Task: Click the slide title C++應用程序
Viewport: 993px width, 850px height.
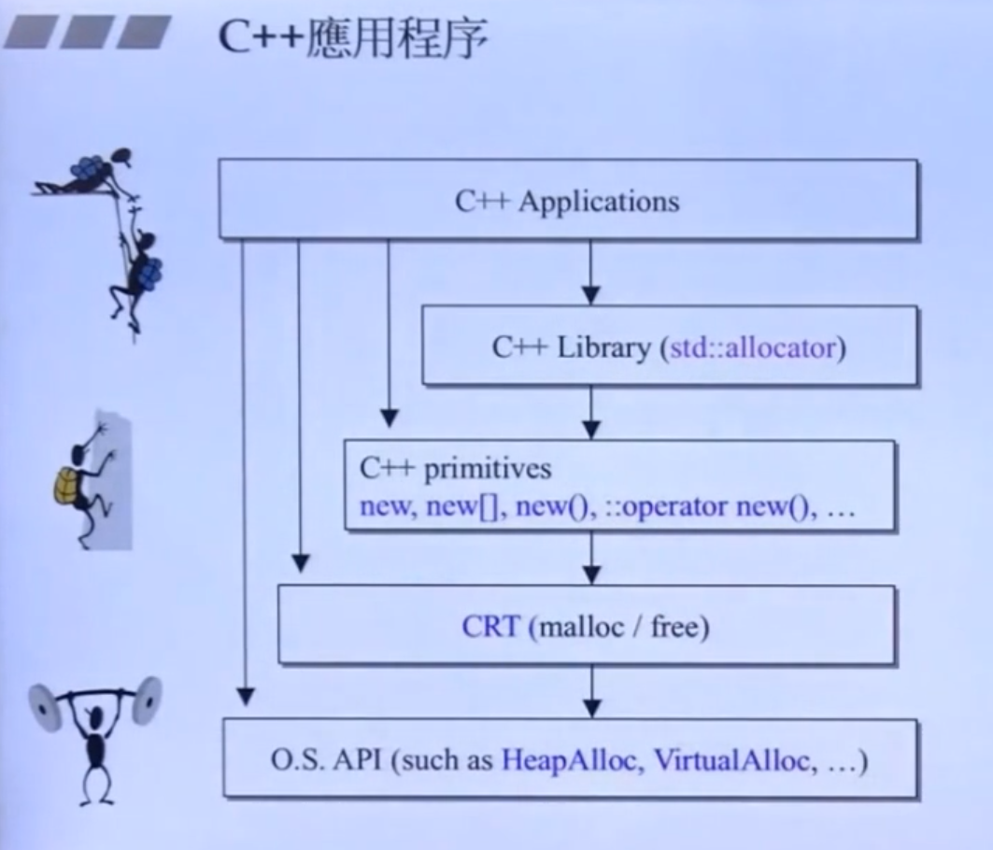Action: coord(352,40)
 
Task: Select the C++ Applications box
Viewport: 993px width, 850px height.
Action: coord(567,200)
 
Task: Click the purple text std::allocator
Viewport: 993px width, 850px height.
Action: coord(752,348)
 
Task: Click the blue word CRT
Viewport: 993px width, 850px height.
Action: coord(490,626)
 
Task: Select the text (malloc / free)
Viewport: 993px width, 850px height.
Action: coord(619,626)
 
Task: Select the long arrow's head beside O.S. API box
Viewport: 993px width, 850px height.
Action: coord(245,696)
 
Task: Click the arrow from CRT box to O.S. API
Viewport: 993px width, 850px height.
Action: coord(590,691)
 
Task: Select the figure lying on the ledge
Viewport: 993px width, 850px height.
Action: coord(89,173)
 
